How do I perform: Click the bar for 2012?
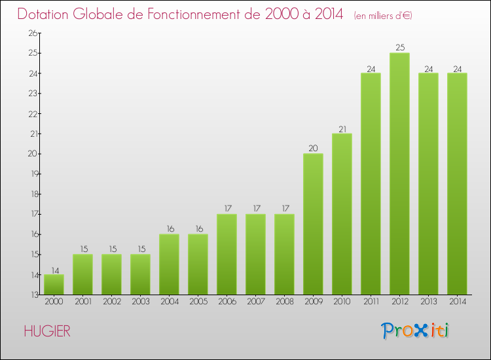coord(399,173)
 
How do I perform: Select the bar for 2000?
coord(54,285)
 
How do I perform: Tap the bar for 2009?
coord(313,224)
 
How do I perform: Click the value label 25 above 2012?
coord(399,47)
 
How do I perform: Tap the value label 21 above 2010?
coord(342,128)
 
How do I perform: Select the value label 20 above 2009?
coord(313,148)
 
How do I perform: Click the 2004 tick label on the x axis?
coord(169,302)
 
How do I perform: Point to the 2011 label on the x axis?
coord(371,302)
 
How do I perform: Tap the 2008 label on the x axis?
coord(284,302)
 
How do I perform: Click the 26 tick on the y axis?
coord(31,33)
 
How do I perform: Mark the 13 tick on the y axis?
coord(31,295)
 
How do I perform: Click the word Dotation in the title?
coord(46,14)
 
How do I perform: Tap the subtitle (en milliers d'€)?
coord(383,16)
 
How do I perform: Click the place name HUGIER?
coord(46,331)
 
